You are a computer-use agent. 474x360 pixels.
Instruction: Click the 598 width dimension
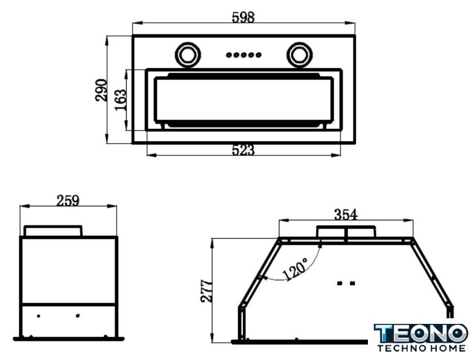click(x=243, y=17)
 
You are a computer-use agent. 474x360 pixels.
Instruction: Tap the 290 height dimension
click(x=101, y=90)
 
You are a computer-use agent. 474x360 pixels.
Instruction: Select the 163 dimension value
click(x=120, y=100)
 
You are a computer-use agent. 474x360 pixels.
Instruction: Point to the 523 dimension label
click(x=243, y=150)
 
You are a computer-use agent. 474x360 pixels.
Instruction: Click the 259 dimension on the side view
click(x=68, y=200)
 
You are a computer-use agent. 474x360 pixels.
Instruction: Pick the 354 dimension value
click(x=346, y=214)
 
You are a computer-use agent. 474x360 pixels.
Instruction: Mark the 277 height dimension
click(x=207, y=291)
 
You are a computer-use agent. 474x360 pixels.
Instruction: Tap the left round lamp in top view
click(x=188, y=55)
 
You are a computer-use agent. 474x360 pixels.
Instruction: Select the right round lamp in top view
click(x=299, y=55)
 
